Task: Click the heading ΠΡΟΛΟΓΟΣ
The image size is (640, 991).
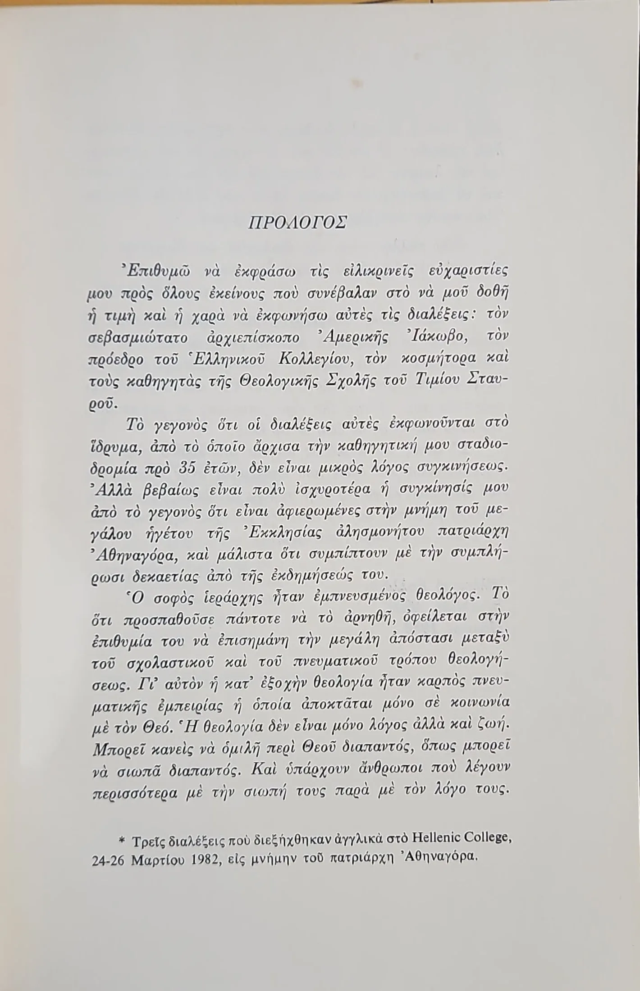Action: (x=298, y=223)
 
